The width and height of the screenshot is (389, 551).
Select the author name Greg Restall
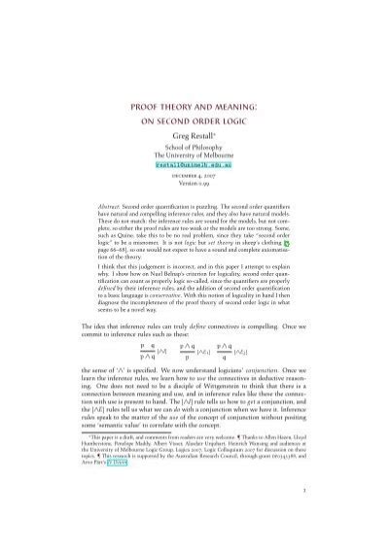tap(194, 142)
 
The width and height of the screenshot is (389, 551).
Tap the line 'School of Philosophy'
tap(194, 155)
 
